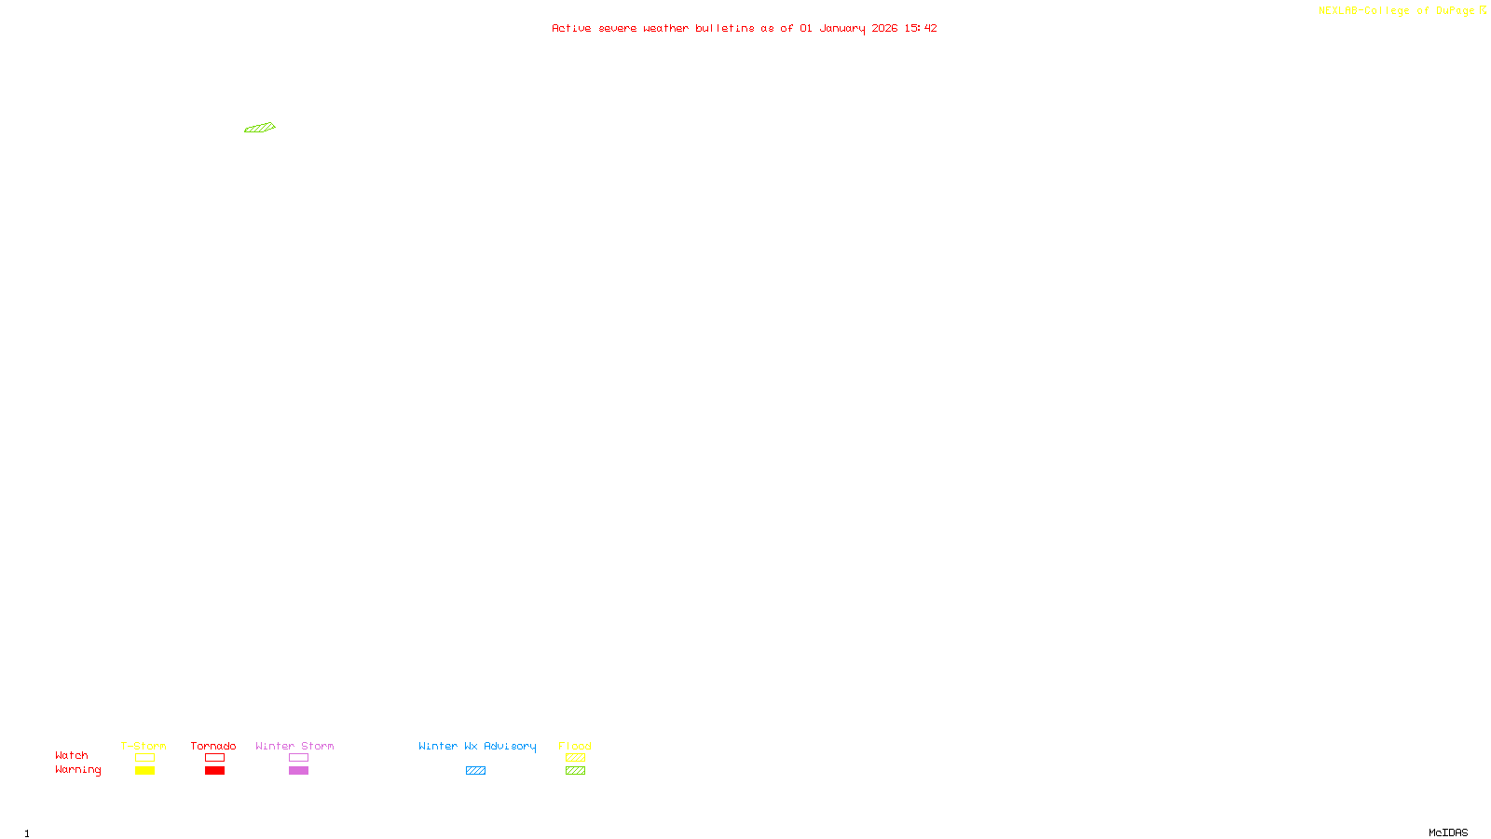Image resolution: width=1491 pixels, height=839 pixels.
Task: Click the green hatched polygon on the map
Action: pyautogui.click(x=259, y=128)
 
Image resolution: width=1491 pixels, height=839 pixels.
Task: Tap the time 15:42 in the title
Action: pyautogui.click(x=921, y=28)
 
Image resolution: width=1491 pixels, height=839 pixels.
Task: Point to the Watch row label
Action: pyautogui.click(x=72, y=756)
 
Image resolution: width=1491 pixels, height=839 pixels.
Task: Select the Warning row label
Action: pyautogui.click(x=77, y=770)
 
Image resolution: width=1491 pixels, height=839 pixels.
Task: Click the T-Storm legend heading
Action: pyautogui.click(x=144, y=746)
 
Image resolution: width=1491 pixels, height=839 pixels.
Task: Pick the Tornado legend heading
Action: pyautogui.click(x=213, y=746)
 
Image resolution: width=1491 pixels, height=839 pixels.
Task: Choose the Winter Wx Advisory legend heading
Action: pyautogui.click(x=477, y=746)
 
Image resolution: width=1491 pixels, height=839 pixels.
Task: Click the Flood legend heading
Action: pyautogui.click(x=575, y=746)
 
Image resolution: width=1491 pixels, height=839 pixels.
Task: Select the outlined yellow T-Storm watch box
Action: pyautogui.click(x=144, y=758)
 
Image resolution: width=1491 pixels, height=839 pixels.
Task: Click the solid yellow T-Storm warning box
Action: pyautogui.click(x=144, y=771)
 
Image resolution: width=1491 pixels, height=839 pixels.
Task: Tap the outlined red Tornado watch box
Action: pyautogui.click(x=215, y=758)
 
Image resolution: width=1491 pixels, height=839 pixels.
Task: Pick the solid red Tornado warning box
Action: pyautogui.click(x=215, y=771)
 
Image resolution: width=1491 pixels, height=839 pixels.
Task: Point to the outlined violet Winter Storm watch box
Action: pyautogui.click(x=298, y=758)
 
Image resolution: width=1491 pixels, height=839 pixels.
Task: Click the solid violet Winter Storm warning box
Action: pyautogui.click(x=298, y=771)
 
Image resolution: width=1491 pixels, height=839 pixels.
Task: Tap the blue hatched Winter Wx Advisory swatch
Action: pyautogui.click(x=475, y=771)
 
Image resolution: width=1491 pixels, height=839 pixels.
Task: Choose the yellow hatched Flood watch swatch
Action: pyautogui.click(x=575, y=758)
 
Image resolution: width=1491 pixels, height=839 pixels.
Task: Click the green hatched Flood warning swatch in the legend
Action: pyautogui.click(x=575, y=771)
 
